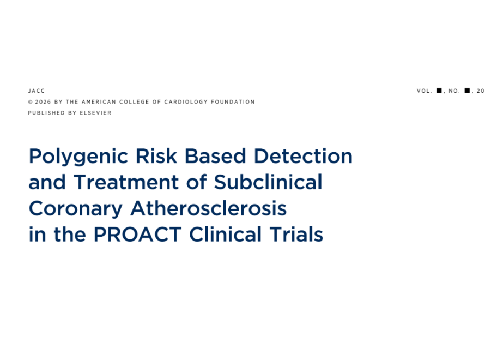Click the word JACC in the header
click(37, 91)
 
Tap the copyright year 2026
click(43, 102)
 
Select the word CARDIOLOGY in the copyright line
click(186, 102)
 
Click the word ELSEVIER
click(95, 113)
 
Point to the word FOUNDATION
click(233, 102)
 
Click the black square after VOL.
click(439, 91)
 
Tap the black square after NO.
click(467, 91)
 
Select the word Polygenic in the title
click(78, 157)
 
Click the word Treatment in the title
click(126, 182)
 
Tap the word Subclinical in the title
click(268, 182)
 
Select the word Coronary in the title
click(75, 209)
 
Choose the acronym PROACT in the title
click(137, 234)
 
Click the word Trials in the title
click(296, 234)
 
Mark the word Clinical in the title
click(226, 234)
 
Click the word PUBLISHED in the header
click(47, 113)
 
